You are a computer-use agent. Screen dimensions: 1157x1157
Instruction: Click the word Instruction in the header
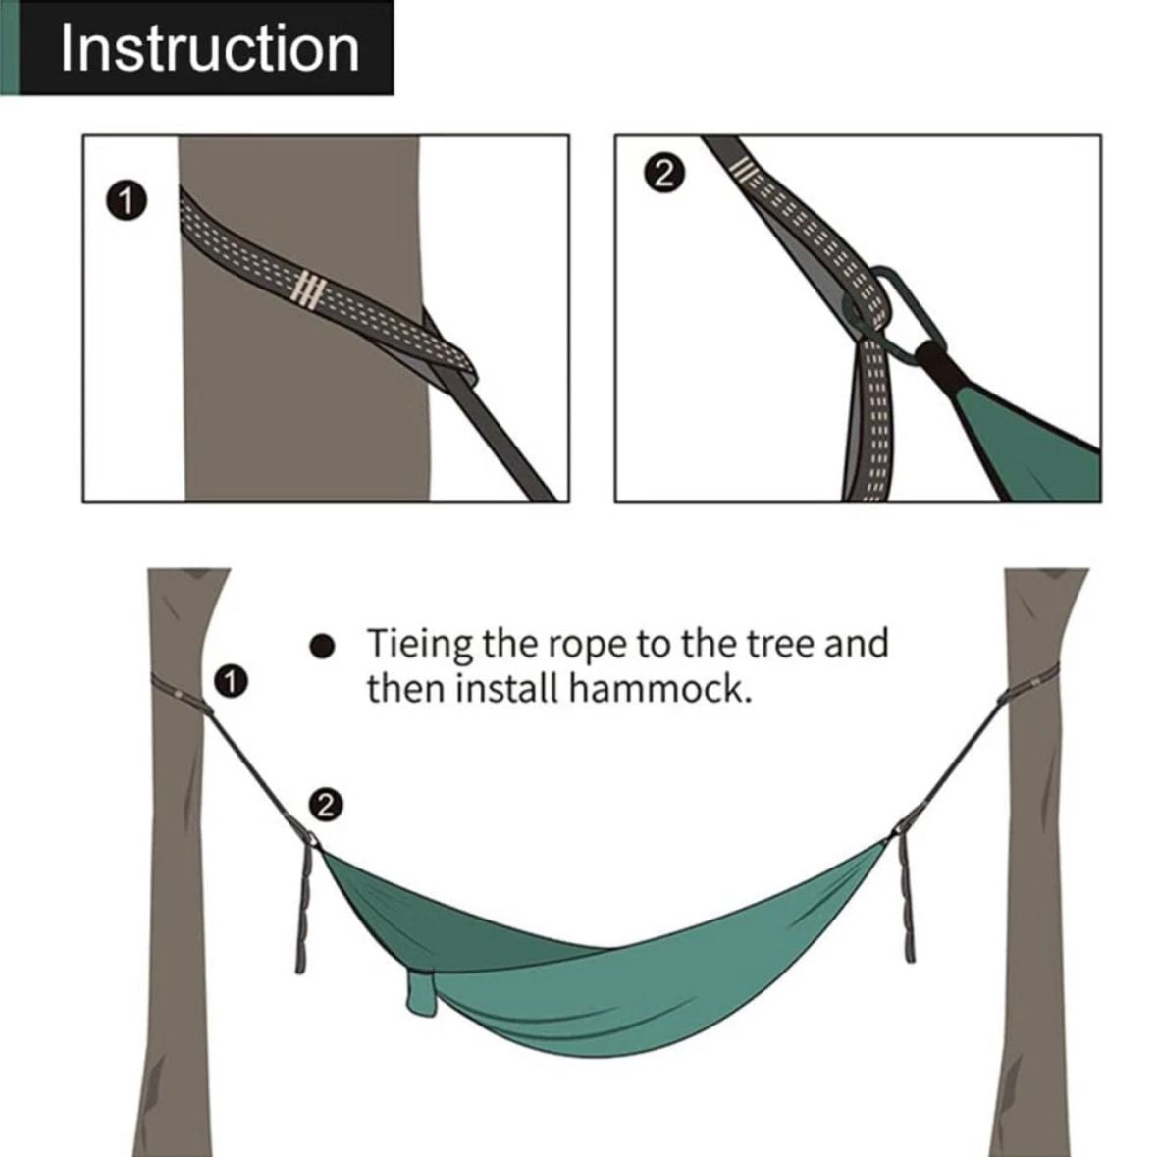tap(210, 49)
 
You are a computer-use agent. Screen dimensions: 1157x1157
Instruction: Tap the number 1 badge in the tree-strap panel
tap(127, 201)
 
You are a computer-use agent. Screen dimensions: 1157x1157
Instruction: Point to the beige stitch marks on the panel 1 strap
tap(308, 290)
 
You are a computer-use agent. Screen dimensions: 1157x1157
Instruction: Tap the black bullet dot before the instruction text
tap(322, 647)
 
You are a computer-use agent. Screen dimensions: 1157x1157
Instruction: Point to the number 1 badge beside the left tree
tap(232, 681)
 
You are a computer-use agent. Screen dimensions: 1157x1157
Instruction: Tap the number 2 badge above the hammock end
tap(326, 805)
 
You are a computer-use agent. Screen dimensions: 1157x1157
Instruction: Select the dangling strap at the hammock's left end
tap(304, 909)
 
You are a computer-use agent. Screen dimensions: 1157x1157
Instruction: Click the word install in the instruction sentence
tap(508, 689)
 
